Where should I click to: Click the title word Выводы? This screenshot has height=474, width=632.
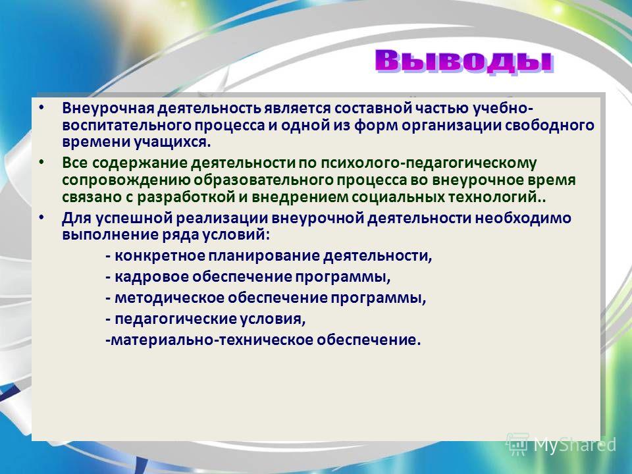464,62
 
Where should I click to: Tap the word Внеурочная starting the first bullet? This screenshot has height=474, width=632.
108,109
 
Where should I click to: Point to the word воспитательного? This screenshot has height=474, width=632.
126,125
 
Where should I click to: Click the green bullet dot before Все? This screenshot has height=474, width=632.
41,162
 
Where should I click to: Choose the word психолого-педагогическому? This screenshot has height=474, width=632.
429,163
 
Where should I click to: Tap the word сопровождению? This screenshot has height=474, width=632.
126,180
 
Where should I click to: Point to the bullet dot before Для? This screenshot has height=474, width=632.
41,218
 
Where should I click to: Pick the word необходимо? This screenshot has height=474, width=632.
523,218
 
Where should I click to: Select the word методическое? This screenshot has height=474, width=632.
169,298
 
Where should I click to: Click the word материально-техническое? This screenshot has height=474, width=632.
211,340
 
